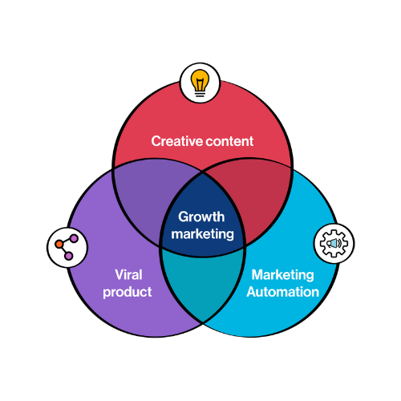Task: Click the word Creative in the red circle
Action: click(x=176, y=141)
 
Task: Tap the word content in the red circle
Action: click(x=229, y=141)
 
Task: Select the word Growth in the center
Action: click(x=201, y=217)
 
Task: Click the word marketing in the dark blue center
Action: click(x=202, y=234)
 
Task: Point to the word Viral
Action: click(x=128, y=274)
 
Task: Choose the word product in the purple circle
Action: click(x=128, y=292)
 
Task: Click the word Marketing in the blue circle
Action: click(x=282, y=275)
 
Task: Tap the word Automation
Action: click(x=283, y=292)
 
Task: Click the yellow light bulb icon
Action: click(x=200, y=83)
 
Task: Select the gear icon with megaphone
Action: click(x=334, y=243)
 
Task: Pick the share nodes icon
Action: click(x=67, y=247)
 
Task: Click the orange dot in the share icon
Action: click(x=59, y=244)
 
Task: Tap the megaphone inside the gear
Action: click(x=334, y=244)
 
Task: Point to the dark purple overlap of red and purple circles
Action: click(x=150, y=199)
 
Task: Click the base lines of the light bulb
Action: click(x=200, y=94)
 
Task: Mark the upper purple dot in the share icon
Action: click(x=74, y=238)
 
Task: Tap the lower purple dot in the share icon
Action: click(x=68, y=256)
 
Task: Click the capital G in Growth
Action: click(x=184, y=217)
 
